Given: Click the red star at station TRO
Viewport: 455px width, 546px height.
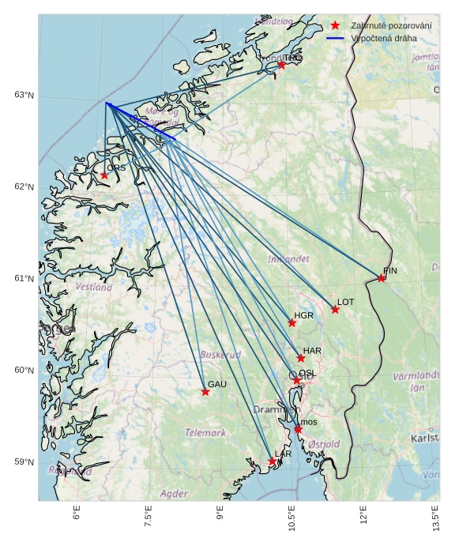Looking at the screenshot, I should (x=281, y=65).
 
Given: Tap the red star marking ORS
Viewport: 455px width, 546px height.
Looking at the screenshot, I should (x=104, y=175).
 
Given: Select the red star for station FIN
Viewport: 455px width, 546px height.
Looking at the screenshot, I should (x=382, y=277).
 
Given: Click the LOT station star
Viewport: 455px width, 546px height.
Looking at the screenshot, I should (x=335, y=309).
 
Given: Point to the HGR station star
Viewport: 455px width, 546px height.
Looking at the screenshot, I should (x=292, y=322).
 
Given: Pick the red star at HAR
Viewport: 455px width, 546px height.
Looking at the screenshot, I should (x=301, y=358).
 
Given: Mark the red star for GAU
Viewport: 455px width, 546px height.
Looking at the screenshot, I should (x=205, y=391).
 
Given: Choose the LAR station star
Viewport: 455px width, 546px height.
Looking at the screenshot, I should (x=272, y=461).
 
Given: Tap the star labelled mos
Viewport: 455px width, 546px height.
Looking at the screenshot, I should (x=298, y=429).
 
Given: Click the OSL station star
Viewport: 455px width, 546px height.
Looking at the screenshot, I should (x=297, y=381).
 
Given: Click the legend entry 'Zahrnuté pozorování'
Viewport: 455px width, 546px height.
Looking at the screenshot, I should (x=391, y=26).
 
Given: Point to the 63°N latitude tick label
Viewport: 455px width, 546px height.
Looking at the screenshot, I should (x=24, y=96).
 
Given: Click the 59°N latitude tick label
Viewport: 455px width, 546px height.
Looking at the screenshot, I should (x=24, y=462).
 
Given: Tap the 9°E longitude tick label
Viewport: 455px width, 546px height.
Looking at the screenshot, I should (x=220, y=517).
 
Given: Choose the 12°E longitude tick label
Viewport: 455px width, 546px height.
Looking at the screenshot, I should (x=364, y=518).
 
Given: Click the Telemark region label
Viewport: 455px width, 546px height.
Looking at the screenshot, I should (x=205, y=433).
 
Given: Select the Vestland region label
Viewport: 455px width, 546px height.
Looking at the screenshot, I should (x=94, y=288).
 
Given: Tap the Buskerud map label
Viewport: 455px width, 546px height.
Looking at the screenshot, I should (x=220, y=355).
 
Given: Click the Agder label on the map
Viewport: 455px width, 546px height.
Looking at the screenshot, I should (x=174, y=493).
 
